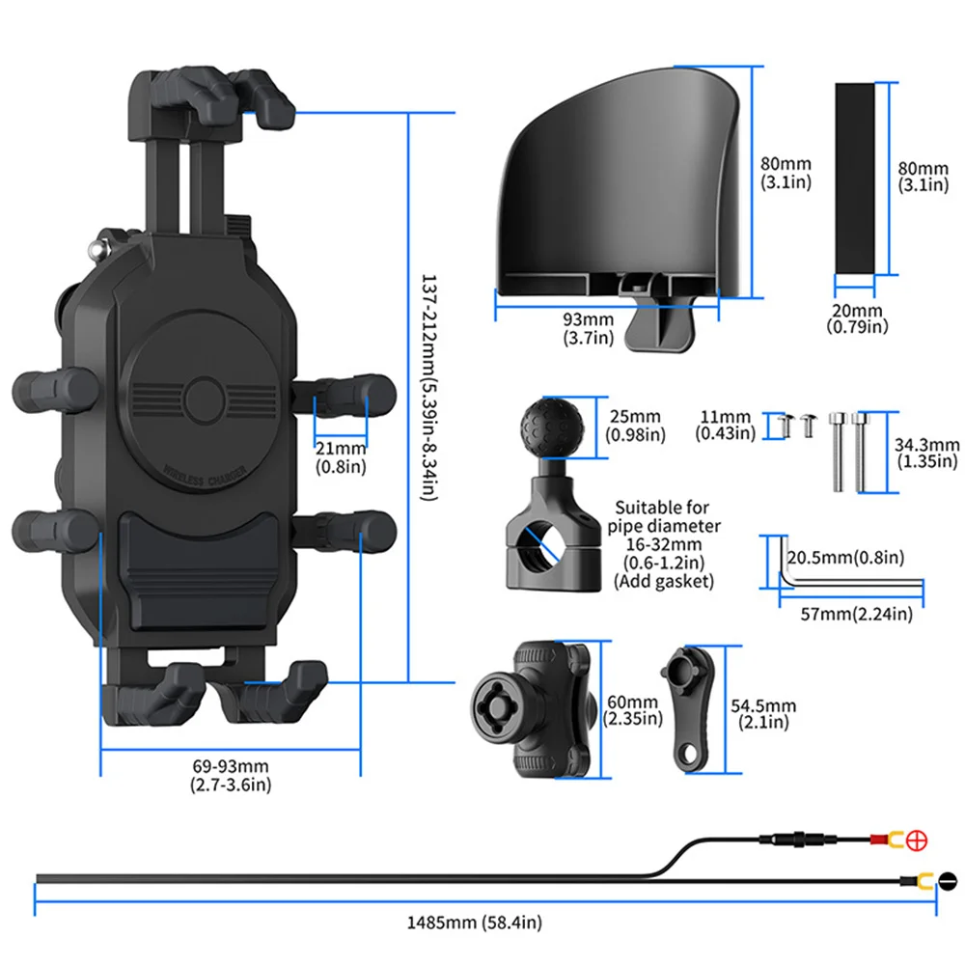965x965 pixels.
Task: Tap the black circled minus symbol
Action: point(947,880)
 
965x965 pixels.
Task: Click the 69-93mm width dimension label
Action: point(231,775)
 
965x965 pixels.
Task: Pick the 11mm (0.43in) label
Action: point(727,426)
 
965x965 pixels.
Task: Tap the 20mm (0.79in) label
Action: point(858,318)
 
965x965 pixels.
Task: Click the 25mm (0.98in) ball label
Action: point(634,426)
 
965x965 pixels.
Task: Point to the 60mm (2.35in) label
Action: point(632,710)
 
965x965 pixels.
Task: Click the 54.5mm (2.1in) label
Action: point(765,714)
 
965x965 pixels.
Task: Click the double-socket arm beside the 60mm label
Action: point(530,709)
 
